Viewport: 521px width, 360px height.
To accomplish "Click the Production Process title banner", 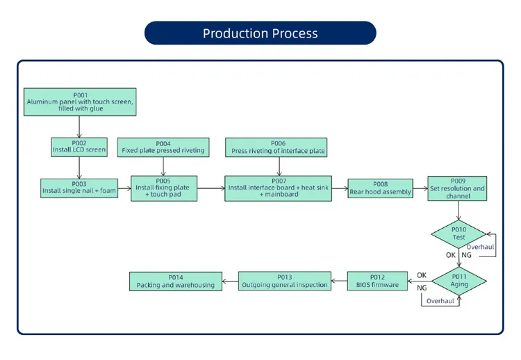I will coord(260,33).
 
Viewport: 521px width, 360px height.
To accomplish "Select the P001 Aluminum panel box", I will coord(80,102).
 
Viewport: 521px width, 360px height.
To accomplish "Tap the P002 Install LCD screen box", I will coord(80,147).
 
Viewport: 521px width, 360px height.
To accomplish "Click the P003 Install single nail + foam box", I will coord(79,188).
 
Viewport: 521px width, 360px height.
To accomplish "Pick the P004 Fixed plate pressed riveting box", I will coord(163,147).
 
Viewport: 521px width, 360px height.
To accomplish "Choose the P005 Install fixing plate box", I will coord(164,188).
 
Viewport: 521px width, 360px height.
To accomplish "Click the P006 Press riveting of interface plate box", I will coord(279,147).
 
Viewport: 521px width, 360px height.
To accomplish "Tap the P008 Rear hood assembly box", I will coord(380,188).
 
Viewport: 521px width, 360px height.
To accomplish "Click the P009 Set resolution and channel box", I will coord(458,188).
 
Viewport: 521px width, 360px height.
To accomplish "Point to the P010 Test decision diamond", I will coord(458,234).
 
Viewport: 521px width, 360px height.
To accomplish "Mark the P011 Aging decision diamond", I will coord(458,281).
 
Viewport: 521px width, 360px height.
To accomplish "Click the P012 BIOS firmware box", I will coord(377,281).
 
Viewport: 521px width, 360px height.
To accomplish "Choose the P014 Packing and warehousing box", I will coord(176,281).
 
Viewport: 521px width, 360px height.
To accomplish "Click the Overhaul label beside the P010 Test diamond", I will coord(480,247).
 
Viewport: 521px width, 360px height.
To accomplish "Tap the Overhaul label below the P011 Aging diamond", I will coord(440,301).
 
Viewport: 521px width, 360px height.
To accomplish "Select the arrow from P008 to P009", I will coord(420,188).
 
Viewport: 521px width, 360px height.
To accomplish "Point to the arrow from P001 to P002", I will coord(80,126).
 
